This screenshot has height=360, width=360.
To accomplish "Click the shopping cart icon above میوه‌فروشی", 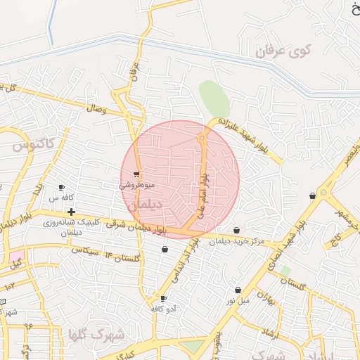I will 136,174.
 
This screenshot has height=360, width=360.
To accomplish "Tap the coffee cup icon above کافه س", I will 61,187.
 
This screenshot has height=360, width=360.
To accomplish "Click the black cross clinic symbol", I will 71,211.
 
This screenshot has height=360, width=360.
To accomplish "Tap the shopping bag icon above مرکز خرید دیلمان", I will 236,231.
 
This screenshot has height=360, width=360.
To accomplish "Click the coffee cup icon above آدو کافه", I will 164,298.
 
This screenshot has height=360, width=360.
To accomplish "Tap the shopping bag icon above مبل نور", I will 238,290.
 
